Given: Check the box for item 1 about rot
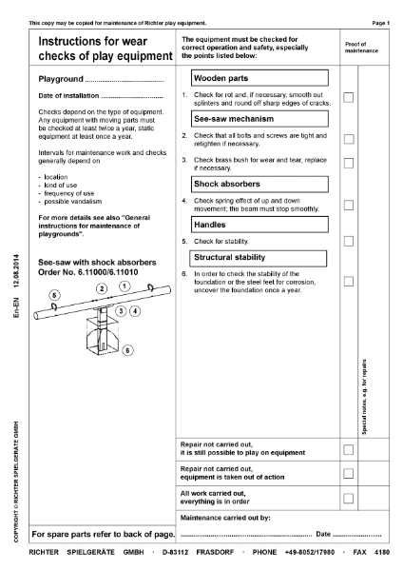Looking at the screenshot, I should pos(349,98).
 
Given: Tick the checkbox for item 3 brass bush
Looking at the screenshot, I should pos(349,164).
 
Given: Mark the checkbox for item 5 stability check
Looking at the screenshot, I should pos(349,242).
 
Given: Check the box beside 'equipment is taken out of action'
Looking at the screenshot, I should pos(349,473).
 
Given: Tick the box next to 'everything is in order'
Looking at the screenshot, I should pos(349,498).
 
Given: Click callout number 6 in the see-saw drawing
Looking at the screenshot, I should pos(128,350).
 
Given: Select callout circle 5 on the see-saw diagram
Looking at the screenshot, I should pos(54,297).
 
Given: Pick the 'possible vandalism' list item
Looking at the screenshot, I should pos(66,202).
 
